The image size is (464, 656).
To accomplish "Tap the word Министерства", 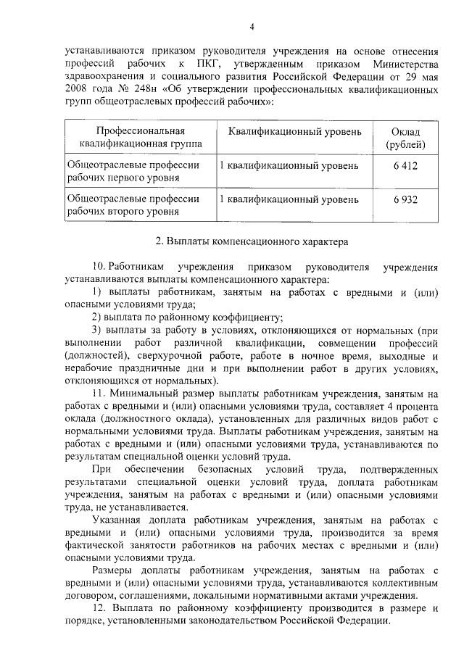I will pos(402,67).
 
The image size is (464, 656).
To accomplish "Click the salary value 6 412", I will pos(405,166).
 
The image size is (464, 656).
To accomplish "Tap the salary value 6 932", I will pos(405,199).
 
